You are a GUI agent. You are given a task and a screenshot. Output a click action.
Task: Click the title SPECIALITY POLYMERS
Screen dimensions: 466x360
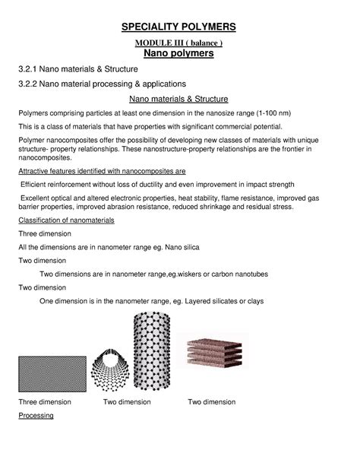coord(181,28)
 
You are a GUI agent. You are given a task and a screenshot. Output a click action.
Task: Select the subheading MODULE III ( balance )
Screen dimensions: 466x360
coord(181,43)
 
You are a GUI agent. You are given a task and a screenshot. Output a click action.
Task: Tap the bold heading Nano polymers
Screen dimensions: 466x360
coord(181,55)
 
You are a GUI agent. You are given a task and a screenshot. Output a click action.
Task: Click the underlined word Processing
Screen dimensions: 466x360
coord(36,417)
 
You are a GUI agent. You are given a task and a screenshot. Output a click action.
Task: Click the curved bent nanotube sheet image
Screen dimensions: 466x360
coord(111,368)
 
